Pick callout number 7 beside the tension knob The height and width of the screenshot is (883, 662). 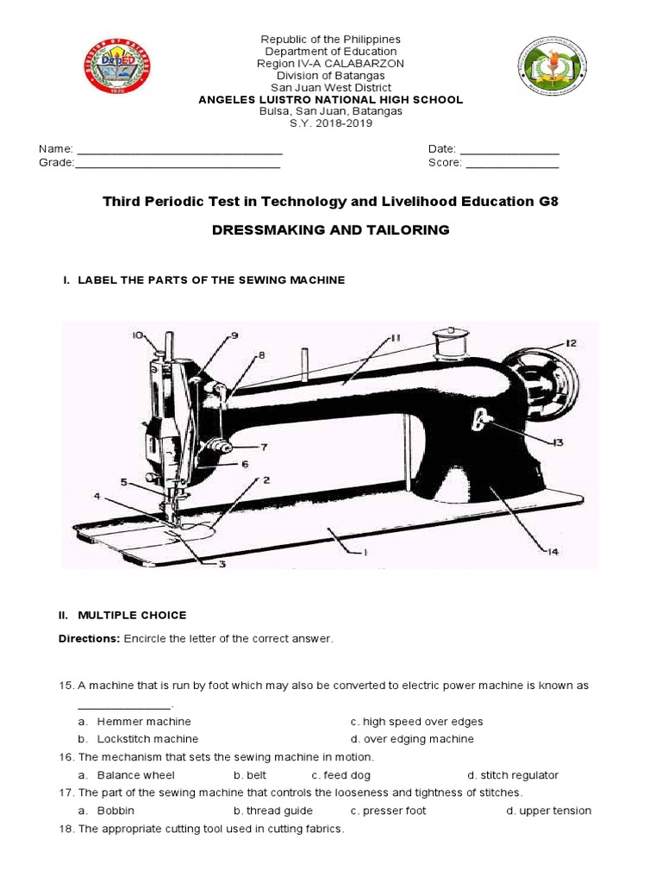click(x=264, y=447)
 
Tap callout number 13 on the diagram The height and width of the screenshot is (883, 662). click(x=556, y=442)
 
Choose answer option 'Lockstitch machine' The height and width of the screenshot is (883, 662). click(x=147, y=739)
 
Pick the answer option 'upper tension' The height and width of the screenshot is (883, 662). click(x=555, y=811)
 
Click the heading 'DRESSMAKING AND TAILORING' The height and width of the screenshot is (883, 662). click(x=331, y=230)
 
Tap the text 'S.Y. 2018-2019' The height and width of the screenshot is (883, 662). click(x=331, y=123)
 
